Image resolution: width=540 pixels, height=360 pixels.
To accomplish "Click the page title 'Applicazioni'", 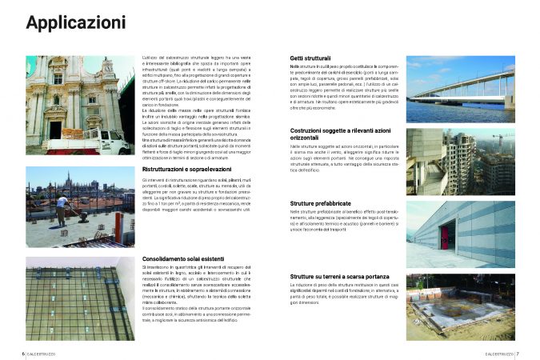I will (72, 24).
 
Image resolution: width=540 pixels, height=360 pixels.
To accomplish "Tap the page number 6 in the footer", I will (23, 353).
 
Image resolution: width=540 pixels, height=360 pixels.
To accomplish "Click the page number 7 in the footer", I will (517, 353).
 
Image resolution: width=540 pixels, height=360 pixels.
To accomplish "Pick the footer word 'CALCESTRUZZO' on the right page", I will (498, 353).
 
